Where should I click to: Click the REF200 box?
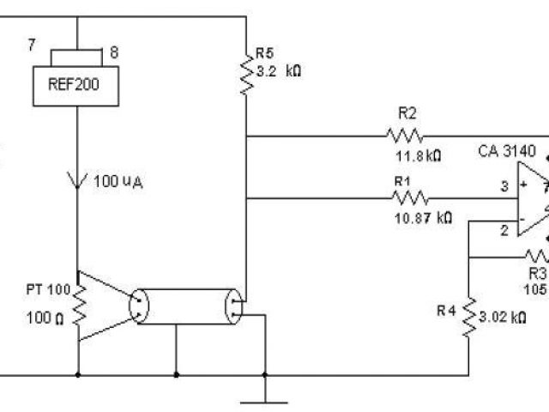pyautogui.click(x=77, y=85)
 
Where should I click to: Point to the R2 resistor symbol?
pyautogui.click(x=404, y=136)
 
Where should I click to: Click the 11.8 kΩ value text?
pyautogui.click(x=417, y=157)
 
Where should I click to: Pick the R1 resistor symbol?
pyautogui.click(x=405, y=198)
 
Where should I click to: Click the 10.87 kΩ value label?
pyautogui.click(x=422, y=219)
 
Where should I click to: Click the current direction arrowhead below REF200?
pyautogui.click(x=78, y=181)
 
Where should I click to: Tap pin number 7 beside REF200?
pyautogui.click(x=32, y=45)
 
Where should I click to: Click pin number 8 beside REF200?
pyautogui.click(x=114, y=51)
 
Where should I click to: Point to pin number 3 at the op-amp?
pyautogui.click(x=505, y=185)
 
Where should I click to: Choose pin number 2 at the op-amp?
pyautogui.click(x=505, y=231)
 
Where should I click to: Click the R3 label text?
pyautogui.click(x=537, y=273)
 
